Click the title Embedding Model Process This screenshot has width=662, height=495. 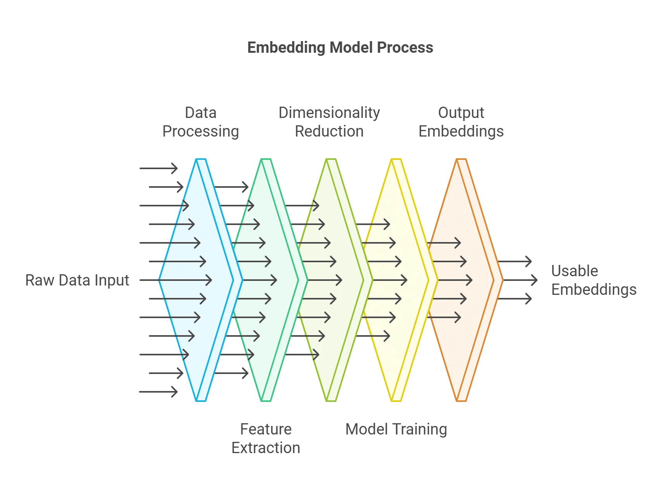click(x=340, y=48)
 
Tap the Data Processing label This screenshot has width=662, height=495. click(x=200, y=122)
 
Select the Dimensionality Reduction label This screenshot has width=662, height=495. click(x=329, y=122)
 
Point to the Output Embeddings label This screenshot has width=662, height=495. click(x=461, y=122)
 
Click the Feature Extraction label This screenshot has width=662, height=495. click(x=265, y=438)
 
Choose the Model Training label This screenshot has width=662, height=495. click(x=396, y=429)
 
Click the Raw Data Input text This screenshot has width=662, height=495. click(x=77, y=280)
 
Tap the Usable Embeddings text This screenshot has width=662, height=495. click(x=593, y=280)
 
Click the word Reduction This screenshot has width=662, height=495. click(x=329, y=132)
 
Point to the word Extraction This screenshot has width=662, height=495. click(x=265, y=448)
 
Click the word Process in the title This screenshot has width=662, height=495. click(x=405, y=48)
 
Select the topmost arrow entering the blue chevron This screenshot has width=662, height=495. click(x=158, y=168)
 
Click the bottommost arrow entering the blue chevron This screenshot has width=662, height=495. click(x=158, y=392)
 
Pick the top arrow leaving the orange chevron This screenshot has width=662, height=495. click(x=514, y=261)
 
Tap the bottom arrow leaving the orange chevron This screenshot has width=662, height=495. click(x=514, y=299)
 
